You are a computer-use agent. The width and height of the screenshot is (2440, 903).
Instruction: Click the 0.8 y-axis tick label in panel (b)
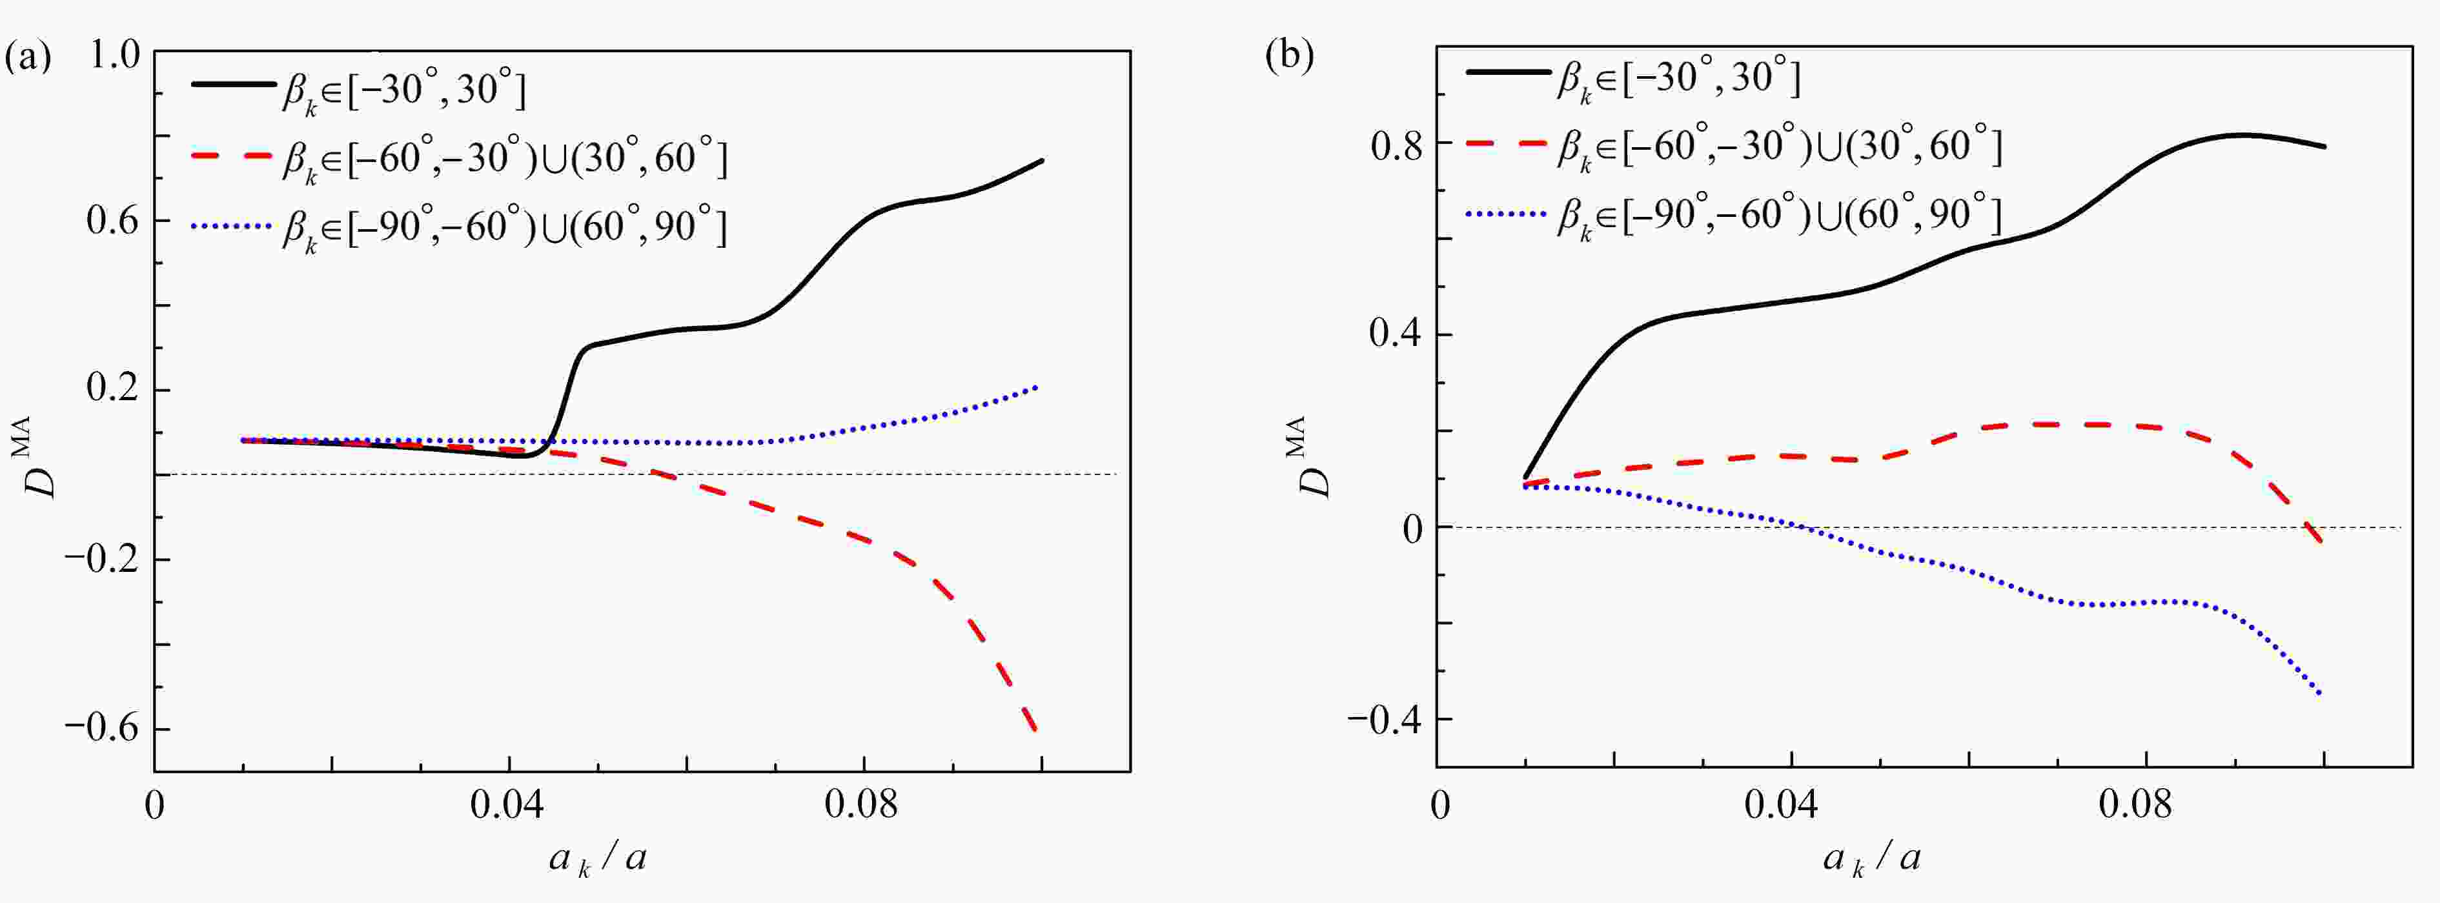tap(1397, 143)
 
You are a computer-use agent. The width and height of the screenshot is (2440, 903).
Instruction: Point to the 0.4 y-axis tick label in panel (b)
tap(1397, 336)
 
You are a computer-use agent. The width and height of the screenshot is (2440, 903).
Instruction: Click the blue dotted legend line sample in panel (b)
tap(1506, 215)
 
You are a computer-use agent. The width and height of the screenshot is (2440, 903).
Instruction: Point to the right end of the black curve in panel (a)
tap(1042, 160)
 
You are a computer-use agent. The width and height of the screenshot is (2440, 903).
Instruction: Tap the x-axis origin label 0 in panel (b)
tap(1439, 806)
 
